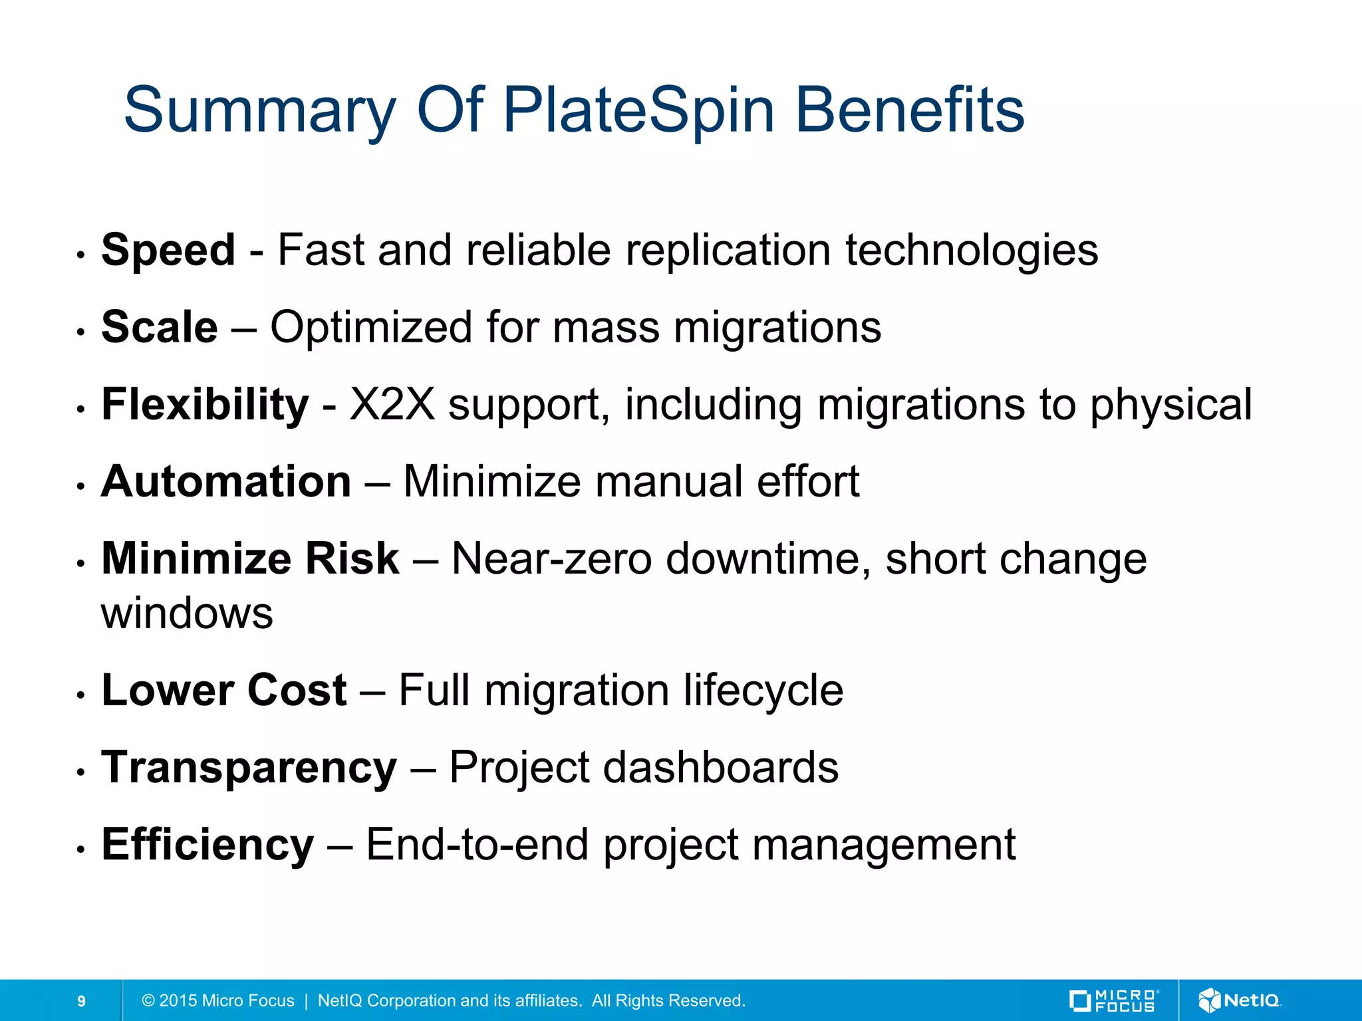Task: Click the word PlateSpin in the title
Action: point(638,110)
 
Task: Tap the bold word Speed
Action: point(168,251)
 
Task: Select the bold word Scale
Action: point(160,328)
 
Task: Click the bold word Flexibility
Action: point(205,405)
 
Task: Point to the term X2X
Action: point(392,405)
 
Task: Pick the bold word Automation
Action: point(226,482)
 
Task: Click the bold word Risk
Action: point(352,559)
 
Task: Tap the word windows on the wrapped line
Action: point(187,614)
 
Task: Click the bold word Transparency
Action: point(249,768)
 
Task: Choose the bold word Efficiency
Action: point(207,845)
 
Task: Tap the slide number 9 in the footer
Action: point(81,1001)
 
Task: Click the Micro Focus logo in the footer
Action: point(1114,1000)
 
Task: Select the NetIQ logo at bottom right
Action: point(1240,1000)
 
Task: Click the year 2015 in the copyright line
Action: point(178,1001)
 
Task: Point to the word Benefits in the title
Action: point(910,110)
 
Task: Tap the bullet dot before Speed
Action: point(80,255)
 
